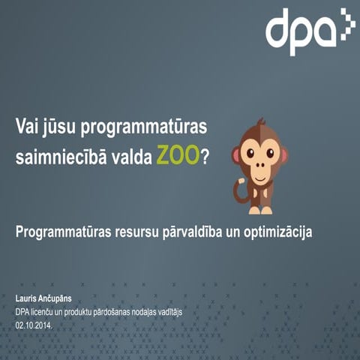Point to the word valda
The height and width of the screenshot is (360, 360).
130,157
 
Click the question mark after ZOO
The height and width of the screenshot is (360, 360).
205,157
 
